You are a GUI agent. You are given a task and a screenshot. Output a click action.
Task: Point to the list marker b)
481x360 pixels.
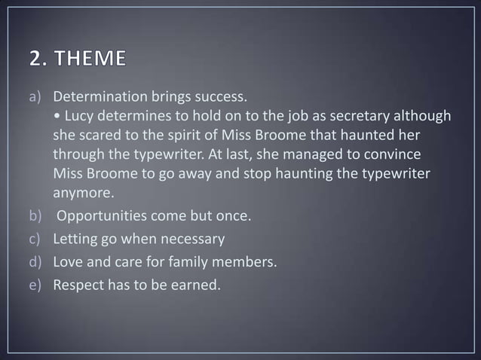tap(38, 218)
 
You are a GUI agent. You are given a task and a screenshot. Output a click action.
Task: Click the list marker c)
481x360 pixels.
tap(38, 240)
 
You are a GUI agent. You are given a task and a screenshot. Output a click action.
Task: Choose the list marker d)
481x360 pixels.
tap(38, 262)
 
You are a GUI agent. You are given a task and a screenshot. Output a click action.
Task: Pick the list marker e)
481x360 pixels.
tap(38, 284)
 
